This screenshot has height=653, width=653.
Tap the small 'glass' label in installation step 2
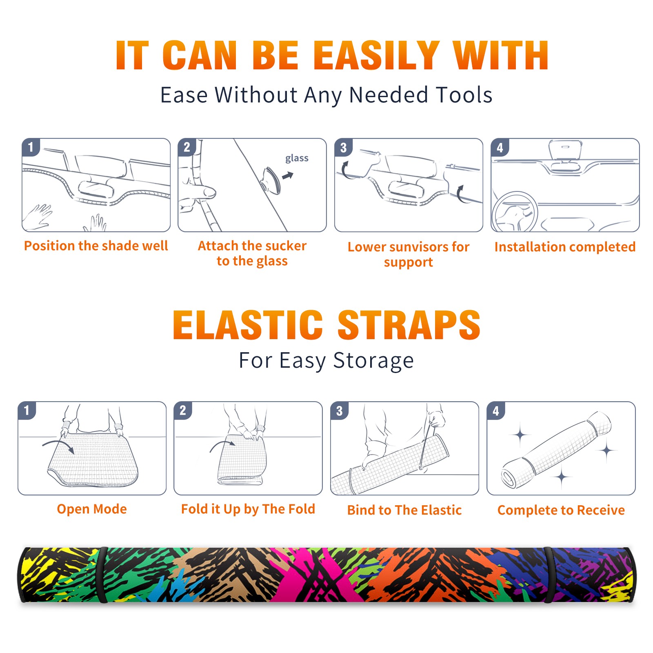tap(297, 158)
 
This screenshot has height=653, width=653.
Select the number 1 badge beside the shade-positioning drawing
tap(31, 147)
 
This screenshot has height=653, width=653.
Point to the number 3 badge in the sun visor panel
tap(344, 147)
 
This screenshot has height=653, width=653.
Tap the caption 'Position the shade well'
tap(96, 246)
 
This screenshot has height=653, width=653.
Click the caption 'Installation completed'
tap(565, 247)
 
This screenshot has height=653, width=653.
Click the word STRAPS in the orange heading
tap(409, 325)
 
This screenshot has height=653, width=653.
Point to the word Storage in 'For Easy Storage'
tap(373, 361)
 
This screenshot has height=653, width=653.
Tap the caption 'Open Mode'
tap(92, 509)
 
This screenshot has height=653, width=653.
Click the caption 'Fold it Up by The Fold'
tap(248, 509)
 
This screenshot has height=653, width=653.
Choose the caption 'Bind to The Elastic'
tap(404, 510)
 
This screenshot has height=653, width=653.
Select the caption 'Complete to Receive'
tap(561, 510)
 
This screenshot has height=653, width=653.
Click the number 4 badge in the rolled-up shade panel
tap(496, 411)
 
